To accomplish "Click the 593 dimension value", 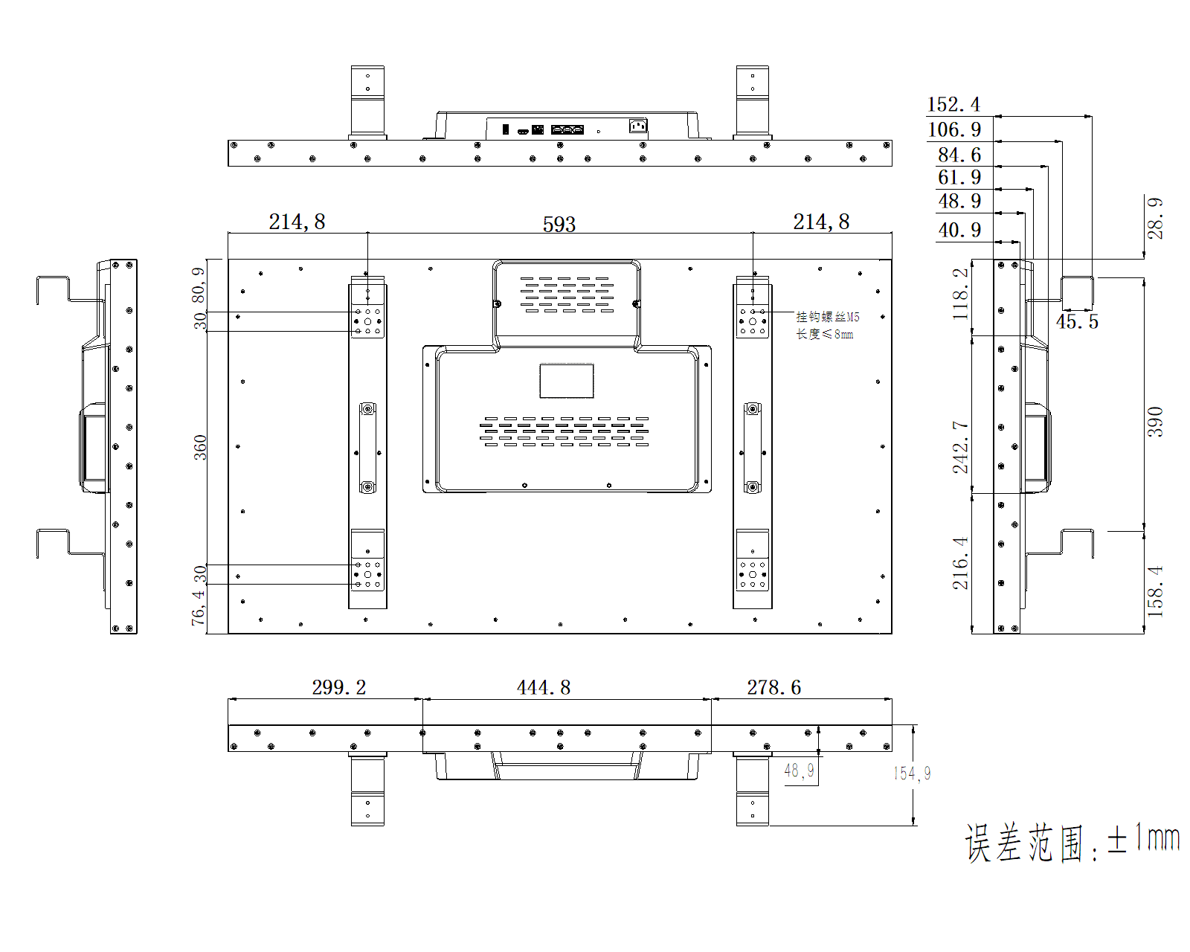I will (x=559, y=224).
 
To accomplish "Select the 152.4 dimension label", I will (x=953, y=104).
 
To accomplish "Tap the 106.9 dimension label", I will (x=954, y=129).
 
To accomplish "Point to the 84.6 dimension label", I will (x=959, y=155).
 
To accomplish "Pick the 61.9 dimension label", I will (x=959, y=178).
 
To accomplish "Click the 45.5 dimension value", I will (x=1077, y=321).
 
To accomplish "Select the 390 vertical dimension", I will (x=1154, y=422).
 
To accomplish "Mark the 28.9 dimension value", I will (x=1154, y=218).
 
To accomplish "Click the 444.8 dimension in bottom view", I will (x=544, y=687).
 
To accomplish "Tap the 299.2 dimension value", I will (x=339, y=687).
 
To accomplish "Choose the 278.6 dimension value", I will (x=774, y=687).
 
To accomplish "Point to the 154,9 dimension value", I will (x=912, y=773).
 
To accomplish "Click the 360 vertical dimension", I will (x=200, y=448).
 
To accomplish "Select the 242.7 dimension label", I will (x=960, y=447).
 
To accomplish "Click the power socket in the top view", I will (x=637, y=126).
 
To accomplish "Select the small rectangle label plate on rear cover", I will (x=567, y=381).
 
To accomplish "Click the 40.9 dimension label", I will (x=959, y=230).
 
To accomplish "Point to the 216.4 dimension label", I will (x=960, y=563).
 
